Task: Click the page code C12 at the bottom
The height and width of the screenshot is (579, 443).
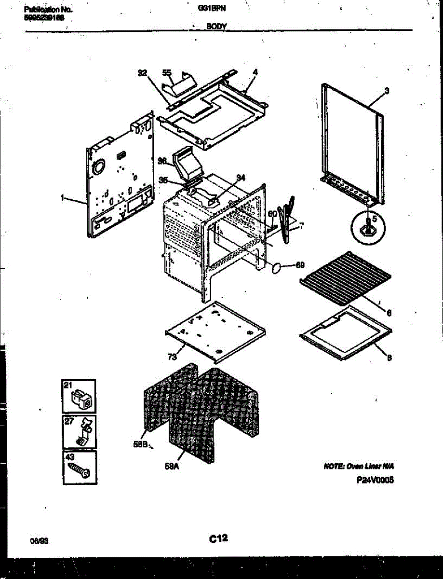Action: [x=218, y=538]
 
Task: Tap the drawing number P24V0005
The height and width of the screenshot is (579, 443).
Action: [x=376, y=481]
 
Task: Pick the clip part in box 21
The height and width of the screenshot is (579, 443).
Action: [x=81, y=399]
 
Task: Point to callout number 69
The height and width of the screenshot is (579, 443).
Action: [x=300, y=265]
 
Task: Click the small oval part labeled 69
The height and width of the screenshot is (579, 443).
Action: [x=277, y=268]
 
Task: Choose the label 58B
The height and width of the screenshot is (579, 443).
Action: [x=141, y=445]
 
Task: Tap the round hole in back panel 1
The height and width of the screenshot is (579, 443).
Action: [x=98, y=167]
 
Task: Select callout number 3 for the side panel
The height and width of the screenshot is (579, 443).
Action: [x=387, y=90]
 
